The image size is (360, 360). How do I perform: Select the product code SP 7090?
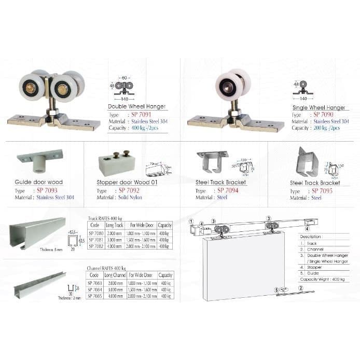click(x=324, y=115)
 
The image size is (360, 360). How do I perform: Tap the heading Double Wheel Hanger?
click(x=136, y=107)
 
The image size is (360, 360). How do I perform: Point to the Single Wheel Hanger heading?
click(x=319, y=108)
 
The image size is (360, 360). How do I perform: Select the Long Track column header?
click(x=115, y=226)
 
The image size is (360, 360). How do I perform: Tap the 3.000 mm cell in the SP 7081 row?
click(x=115, y=240)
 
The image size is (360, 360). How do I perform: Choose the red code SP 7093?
click(x=47, y=190)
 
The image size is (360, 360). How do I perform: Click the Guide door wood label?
click(x=39, y=183)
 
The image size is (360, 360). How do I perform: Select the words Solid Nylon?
click(x=130, y=198)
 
